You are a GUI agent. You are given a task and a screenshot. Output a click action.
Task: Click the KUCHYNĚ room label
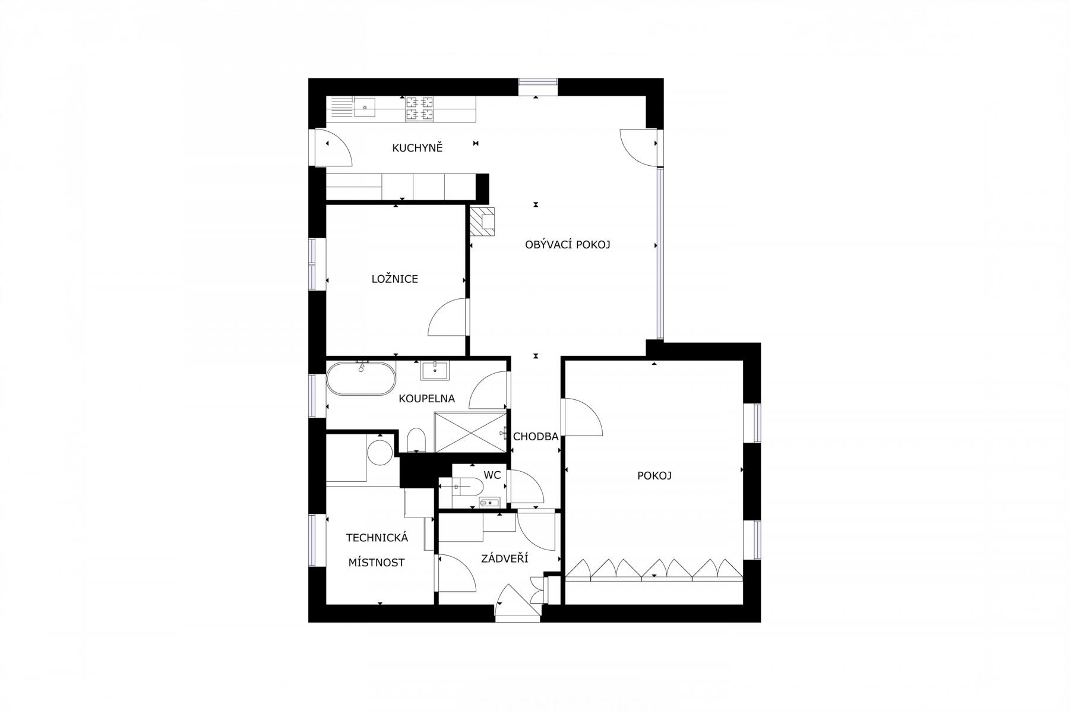pyautogui.click(x=418, y=148)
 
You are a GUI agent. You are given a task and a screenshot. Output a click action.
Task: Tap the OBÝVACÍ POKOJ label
pyautogui.click(x=568, y=244)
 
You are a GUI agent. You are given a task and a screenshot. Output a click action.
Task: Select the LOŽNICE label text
pyautogui.click(x=395, y=279)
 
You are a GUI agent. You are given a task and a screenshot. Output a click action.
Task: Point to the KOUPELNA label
pyautogui.click(x=426, y=399)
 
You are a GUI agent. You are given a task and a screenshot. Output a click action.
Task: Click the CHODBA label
pyautogui.click(x=536, y=437)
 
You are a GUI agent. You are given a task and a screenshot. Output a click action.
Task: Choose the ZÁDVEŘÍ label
pyautogui.click(x=505, y=559)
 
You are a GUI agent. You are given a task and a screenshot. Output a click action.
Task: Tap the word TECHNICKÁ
pyautogui.click(x=377, y=538)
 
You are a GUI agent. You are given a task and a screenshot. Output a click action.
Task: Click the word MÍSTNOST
pyautogui.click(x=377, y=563)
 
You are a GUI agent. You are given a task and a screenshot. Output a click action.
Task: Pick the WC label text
pyautogui.click(x=492, y=475)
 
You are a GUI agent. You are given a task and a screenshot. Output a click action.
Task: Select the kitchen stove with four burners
pyautogui.click(x=419, y=109)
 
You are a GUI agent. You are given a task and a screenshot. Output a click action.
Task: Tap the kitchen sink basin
pyautogui.click(x=365, y=108)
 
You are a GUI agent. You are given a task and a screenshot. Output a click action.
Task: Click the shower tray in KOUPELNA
pyautogui.click(x=470, y=432)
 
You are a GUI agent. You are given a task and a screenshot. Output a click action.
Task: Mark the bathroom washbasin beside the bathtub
pyautogui.click(x=435, y=370)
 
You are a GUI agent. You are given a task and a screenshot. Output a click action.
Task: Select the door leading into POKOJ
pyautogui.click(x=583, y=417)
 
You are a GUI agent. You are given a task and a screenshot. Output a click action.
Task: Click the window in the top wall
pyautogui.click(x=538, y=87)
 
